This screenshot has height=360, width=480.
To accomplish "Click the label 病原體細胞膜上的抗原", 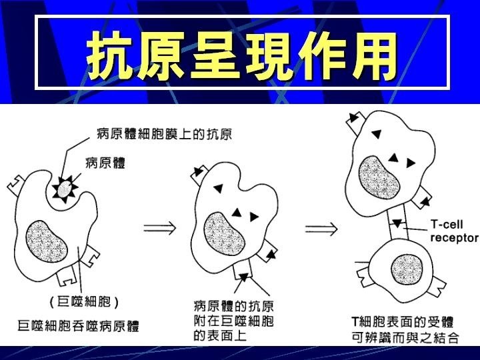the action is pos(164,134).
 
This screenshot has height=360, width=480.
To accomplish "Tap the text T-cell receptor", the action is pos(453,231).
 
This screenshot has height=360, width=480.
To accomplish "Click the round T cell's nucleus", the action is pos(407,268).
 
